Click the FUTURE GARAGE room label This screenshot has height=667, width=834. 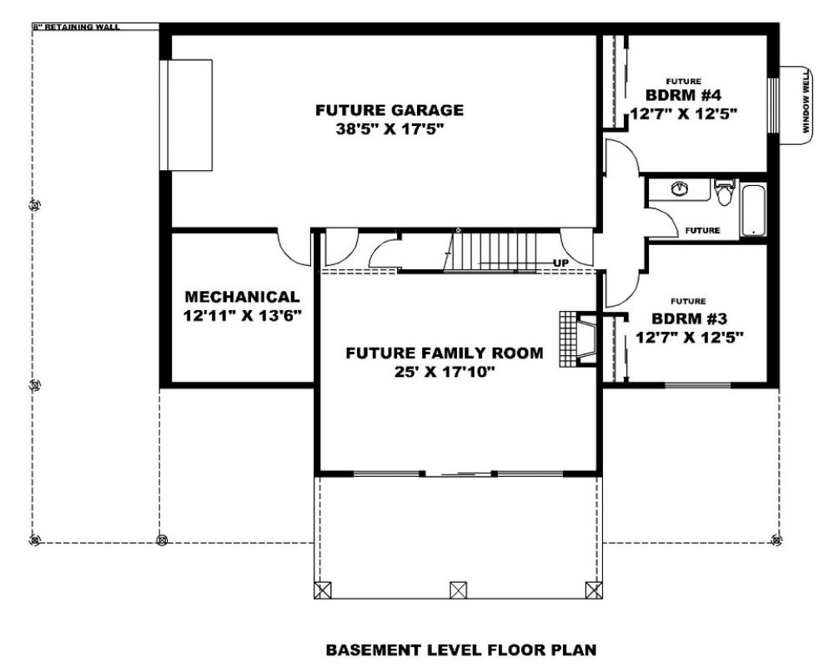pos(389,110)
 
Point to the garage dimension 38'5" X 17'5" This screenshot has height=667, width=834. pos(389,128)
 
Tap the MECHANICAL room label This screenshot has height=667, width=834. pos(242,297)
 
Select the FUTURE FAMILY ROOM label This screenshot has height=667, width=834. pos(445,354)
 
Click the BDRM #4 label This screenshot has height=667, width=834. pos(684,95)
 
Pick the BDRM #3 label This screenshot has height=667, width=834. pos(690,318)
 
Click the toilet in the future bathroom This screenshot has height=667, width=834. pos(724,193)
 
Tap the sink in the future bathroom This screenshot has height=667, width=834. pos(679,188)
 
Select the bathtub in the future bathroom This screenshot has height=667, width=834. pos(753,210)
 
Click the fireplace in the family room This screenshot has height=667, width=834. pos(578,339)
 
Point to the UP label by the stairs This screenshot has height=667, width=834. pos(560,263)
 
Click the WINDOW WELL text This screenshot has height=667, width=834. pos(806,102)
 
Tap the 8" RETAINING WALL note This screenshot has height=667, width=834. pos(77,27)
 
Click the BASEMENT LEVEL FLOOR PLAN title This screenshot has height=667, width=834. pos(460,649)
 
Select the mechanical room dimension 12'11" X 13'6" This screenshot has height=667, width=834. pos(242,316)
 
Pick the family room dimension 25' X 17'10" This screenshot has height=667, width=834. pos(445,372)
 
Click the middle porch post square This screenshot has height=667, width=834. pos(459,590)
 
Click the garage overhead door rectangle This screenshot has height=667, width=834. pos(186,115)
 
